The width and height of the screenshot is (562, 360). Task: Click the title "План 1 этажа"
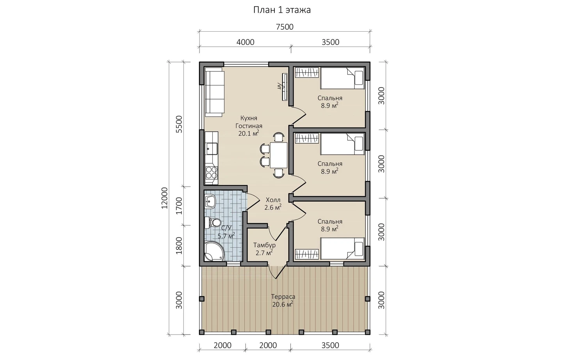tap(282, 10)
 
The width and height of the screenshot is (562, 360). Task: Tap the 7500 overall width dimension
tap(285, 27)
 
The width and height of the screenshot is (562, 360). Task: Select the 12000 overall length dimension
tap(164, 198)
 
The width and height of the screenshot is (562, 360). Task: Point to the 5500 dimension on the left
tap(179, 124)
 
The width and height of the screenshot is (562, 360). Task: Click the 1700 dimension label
tap(179, 206)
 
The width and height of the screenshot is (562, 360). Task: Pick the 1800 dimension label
tap(179, 246)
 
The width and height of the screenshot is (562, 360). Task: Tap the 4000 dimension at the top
tap(245, 42)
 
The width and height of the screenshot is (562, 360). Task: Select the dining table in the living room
tap(279, 155)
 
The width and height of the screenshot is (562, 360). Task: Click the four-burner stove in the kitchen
tap(212, 172)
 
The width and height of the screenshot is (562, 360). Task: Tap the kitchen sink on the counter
tap(212, 149)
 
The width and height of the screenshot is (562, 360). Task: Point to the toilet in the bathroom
tap(212, 223)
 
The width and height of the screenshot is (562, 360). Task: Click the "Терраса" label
tap(283, 296)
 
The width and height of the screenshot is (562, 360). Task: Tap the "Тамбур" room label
tap(264, 245)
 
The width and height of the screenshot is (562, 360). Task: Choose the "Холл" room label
tap(273, 200)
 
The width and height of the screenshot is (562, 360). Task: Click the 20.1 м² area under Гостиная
tap(248, 133)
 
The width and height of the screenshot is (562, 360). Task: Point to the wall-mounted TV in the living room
tap(284, 87)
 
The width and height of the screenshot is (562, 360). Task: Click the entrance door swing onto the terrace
tap(277, 272)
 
